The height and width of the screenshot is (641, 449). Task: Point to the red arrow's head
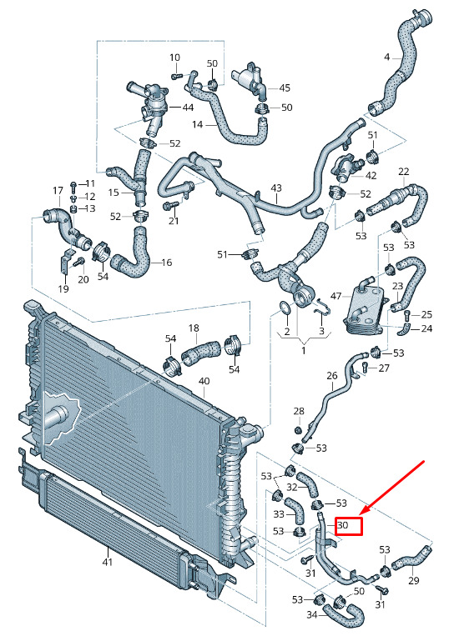363,513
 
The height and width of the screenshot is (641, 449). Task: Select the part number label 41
107,563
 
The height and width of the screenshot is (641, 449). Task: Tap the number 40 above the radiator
204,381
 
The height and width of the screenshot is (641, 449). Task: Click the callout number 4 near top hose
386,58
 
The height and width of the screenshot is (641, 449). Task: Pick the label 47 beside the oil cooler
336,295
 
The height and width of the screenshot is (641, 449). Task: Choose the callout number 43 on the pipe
276,188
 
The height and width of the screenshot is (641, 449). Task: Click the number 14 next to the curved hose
197,124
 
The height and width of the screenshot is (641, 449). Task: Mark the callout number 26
332,375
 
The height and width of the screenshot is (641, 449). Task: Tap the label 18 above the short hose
194,328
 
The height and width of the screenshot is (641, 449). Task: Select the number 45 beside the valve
285,88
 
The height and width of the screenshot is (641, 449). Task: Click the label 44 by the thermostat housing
188,108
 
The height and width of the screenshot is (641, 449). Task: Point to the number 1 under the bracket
303,351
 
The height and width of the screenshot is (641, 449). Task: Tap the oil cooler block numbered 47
364,306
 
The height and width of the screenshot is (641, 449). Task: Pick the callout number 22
404,171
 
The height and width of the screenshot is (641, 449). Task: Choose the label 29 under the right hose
414,580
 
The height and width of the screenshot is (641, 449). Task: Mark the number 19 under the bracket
63,289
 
